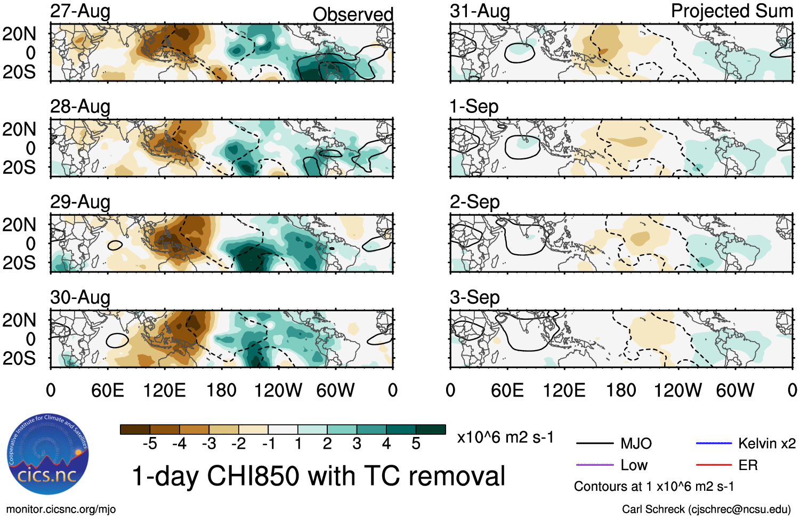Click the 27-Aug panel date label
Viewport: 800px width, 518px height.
point(80,11)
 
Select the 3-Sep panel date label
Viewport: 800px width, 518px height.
point(474,297)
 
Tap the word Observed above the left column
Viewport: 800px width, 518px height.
point(353,14)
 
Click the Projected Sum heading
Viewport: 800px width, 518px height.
point(732,11)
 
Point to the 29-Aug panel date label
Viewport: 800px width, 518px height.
point(80,202)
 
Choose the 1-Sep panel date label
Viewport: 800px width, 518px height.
point(474,107)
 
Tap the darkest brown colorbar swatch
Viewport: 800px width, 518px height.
point(135,430)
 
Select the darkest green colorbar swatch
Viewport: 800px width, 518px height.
point(431,430)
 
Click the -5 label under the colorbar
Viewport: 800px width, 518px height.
point(150,444)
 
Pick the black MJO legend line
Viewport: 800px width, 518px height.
point(594,443)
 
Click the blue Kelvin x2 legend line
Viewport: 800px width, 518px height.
point(714,443)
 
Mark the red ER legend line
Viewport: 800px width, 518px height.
point(714,465)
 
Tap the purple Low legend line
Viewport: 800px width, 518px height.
point(594,465)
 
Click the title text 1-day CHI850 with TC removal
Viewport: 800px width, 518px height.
point(318,476)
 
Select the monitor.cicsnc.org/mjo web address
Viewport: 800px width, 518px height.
point(61,509)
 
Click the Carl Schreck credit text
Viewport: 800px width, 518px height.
point(706,509)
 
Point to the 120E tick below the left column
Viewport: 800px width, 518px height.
point(164,391)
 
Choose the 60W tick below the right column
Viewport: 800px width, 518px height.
point(735,391)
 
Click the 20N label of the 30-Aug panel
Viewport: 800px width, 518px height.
point(20,320)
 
